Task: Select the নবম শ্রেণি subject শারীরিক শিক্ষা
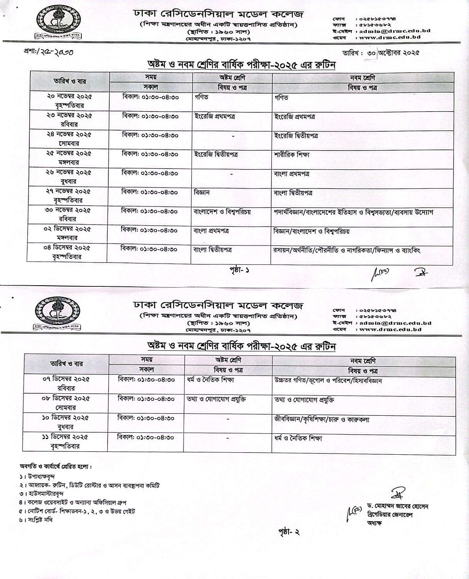coord(292,155)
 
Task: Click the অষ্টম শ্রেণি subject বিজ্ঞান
coord(201,192)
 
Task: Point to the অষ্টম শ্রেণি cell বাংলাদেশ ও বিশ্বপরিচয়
coord(222,212)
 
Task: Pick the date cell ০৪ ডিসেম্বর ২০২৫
coord(67,252)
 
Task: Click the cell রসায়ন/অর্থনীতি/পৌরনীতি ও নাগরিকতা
coord(347,250)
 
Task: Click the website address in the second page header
coord(390,329)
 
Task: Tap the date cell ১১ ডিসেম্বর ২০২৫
coord(65,441)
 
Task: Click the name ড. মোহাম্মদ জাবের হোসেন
coord(398,506)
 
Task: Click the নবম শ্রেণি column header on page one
coord(362,78)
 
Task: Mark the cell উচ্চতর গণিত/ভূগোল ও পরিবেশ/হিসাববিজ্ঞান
coord(328,381)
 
